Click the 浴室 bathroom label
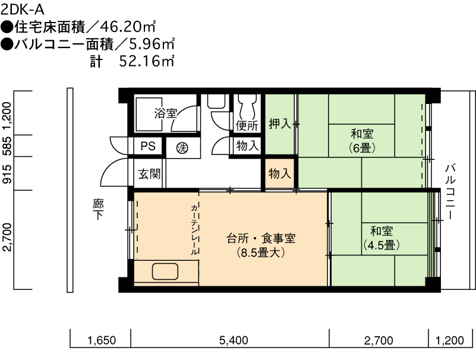[165, 113]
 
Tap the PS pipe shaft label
[148, 146]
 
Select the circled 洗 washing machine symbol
[182, 148]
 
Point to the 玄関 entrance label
[149, 174]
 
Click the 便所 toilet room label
[247, 125]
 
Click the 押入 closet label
[280, 124]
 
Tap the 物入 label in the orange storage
[279, 174]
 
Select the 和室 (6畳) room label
[362, 141]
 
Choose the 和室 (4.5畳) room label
[382, 238]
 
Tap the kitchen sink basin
[165, 271]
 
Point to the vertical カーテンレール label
[194, 229]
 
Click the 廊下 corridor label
[99, 210]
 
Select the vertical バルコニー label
[450, 191]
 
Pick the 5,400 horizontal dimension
[234, 340]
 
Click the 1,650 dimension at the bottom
[102, 340]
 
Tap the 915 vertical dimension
[7, 174]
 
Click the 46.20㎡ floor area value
[128, 27]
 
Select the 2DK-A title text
[23, 10]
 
